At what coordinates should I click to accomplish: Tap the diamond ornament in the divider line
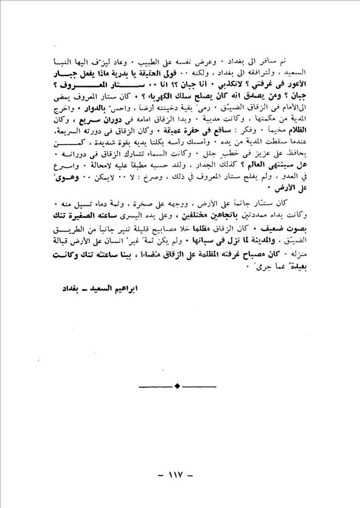[177, 385]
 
